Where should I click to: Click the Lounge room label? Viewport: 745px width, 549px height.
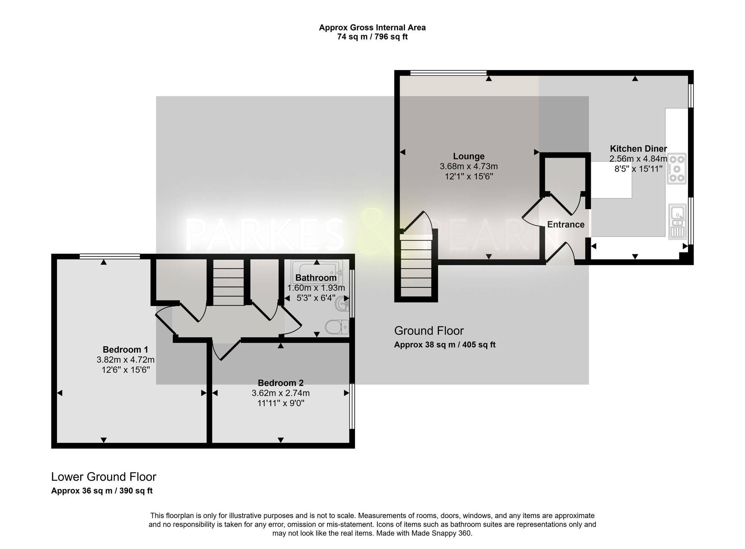[469, 157]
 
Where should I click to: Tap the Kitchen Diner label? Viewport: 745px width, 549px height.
[638, 149]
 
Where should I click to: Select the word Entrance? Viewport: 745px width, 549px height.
[565, 224]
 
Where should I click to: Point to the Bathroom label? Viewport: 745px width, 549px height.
[316, 278]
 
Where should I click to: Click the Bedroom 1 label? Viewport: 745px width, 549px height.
[125, 350]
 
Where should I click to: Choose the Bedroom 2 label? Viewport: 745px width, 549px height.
[280, 383]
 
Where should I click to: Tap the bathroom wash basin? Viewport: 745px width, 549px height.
[342, 303]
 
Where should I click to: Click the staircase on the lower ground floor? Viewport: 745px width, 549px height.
[228, 282]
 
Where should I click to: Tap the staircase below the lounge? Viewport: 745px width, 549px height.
[416, 268]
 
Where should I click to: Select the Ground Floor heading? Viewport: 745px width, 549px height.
[429, 331]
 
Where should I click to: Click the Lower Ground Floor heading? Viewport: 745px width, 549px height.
[104, 477]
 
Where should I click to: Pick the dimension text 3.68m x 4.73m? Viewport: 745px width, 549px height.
[469, 166]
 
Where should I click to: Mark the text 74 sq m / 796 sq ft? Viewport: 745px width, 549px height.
[372, 37]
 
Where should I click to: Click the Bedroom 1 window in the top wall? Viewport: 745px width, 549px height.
[110, 256]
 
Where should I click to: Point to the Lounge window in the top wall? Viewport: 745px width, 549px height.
[448, 72]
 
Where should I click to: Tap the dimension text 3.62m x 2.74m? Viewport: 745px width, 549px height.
[280, 393]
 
